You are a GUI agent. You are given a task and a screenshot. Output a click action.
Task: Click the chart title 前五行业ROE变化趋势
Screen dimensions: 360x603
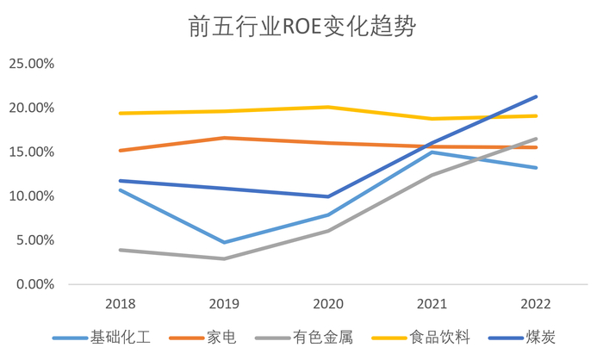coord(301,28)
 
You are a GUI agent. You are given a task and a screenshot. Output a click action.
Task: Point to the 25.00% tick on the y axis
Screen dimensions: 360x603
coord(31,64)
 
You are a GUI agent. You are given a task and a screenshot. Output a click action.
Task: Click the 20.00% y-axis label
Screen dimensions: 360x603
coord(31,108)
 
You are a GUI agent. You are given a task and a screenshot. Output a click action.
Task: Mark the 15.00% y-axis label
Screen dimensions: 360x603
coord(31,152)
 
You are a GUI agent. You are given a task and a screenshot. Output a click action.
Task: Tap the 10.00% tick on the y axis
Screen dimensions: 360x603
coord(31,196)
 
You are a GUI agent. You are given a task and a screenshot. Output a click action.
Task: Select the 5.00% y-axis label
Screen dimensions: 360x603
coord(34,239)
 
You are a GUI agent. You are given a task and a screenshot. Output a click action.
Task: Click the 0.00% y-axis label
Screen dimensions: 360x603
coord(34,283)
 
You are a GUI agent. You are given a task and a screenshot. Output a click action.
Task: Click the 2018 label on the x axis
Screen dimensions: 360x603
coord(120,304)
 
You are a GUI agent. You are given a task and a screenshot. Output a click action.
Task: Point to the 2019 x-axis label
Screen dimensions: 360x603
coord(224,304)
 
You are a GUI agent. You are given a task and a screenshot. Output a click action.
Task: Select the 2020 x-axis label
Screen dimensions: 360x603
coord(328,304)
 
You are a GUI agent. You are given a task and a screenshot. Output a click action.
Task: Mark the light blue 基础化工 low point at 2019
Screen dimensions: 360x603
coord(224,242)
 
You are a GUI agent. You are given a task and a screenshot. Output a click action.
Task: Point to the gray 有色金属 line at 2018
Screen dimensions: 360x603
coord(120,250)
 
